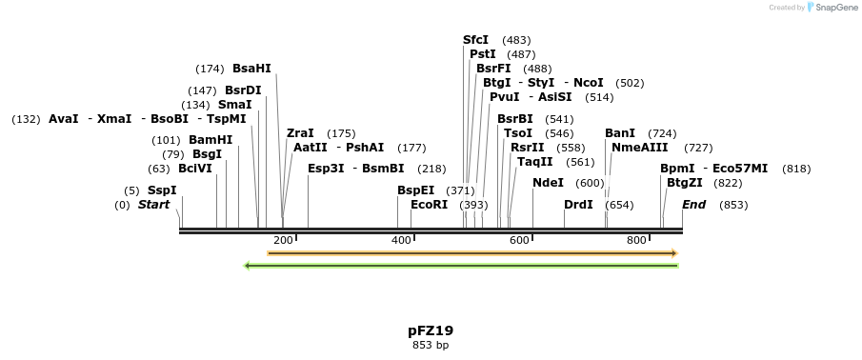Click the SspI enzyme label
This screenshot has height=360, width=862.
[162, 190]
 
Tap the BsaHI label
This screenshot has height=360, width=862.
[251, 69]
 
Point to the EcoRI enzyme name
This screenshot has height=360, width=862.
[429, 205]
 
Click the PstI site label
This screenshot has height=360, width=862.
[483, 54]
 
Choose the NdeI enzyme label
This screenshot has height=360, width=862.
[548, 183]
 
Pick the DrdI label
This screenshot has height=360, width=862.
[578, 205]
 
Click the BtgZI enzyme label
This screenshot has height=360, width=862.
[684, 183]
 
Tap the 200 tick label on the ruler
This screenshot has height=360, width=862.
[283, 240]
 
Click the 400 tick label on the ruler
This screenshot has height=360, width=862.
[401, 240]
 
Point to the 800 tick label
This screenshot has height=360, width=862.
[636, 240]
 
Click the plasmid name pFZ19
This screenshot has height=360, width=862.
[431, 330]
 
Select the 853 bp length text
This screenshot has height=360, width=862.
[431, 345]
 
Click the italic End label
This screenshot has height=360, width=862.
[693, 205]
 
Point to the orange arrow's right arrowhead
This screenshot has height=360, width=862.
[673, 253]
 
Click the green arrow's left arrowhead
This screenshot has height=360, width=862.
[248, 266]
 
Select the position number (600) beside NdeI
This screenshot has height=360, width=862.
[590, 183]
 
